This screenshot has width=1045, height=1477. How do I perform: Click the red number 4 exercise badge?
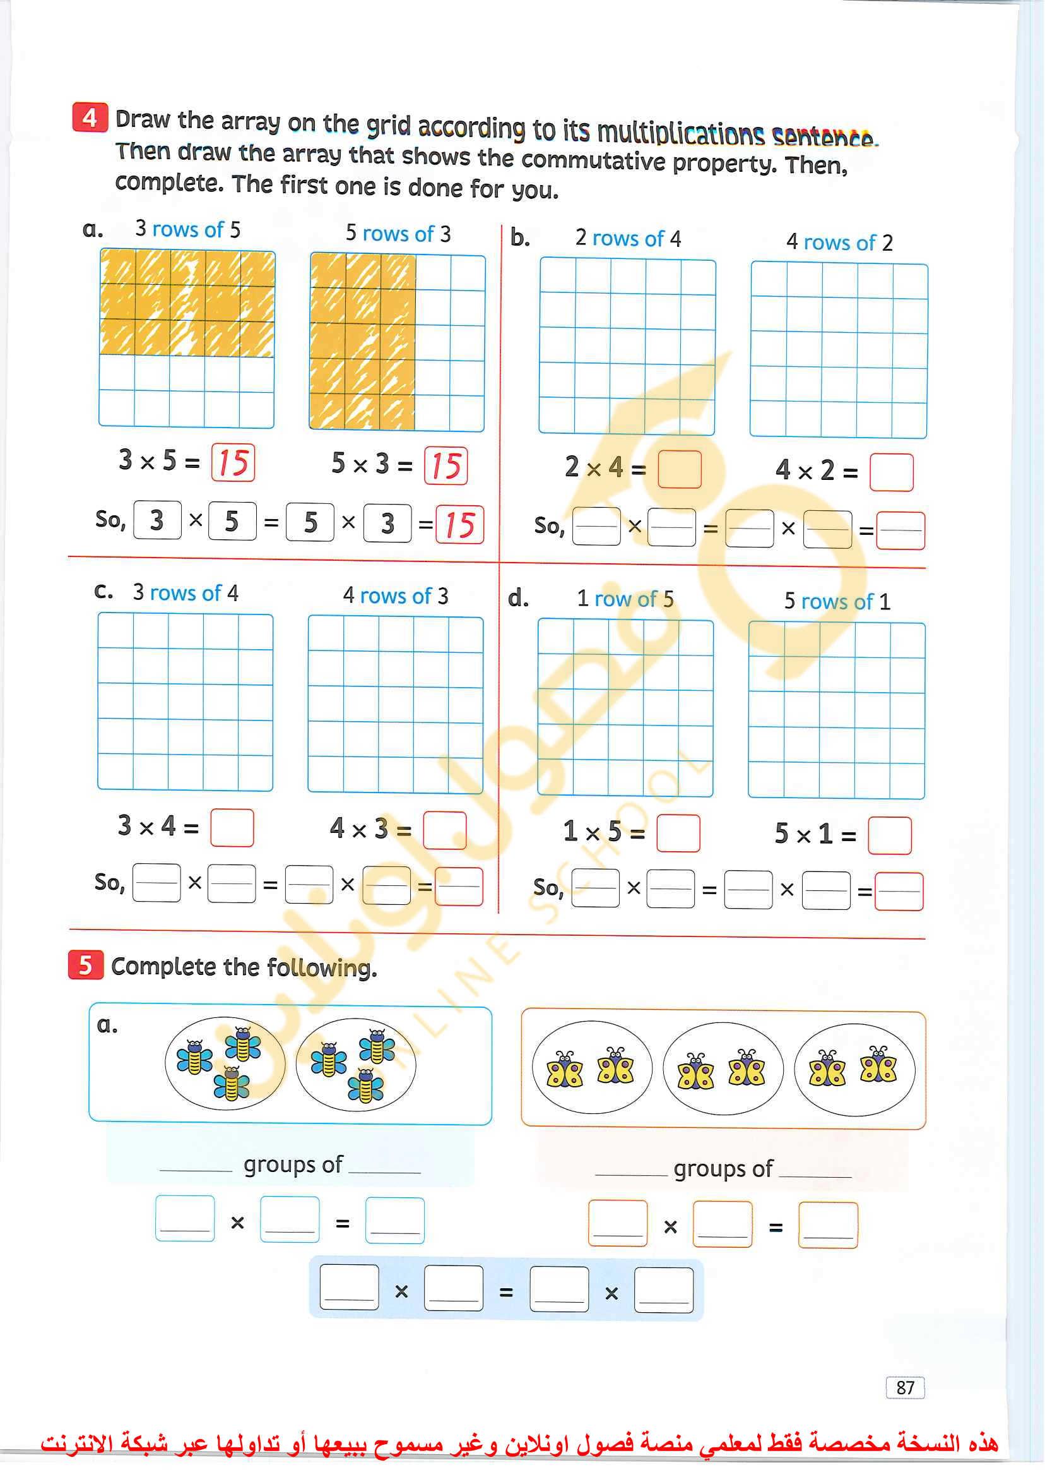(90, 117)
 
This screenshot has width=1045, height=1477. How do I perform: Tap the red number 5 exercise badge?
(85, 965)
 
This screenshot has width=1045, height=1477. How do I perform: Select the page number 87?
(905, 1387)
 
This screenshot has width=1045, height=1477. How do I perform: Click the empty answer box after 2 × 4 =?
(680, 469)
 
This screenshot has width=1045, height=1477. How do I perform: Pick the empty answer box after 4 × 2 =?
(890, 472)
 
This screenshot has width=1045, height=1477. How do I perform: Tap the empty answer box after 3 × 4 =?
(232, 827)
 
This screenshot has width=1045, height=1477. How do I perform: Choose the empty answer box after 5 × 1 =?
(889, 835)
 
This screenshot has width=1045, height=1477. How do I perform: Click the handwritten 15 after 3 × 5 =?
(233, 463)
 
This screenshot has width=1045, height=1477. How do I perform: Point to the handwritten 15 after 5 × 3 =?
(446, 465)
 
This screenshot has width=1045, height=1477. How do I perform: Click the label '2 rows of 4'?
(627, 238)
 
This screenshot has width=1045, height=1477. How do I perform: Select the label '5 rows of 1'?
(837, 601)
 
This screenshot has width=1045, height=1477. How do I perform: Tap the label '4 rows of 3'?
(395, 595)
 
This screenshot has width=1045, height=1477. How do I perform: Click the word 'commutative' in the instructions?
(593, 160)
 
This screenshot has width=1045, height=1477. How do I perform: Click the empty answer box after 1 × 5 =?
(678, 833)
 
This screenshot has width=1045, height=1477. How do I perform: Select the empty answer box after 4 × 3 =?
(445, 830)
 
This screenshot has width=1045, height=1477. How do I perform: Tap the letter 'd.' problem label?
(518, 598)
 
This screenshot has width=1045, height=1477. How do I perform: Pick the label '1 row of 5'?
(625, 599)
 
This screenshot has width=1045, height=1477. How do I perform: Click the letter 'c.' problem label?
(103, 590)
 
